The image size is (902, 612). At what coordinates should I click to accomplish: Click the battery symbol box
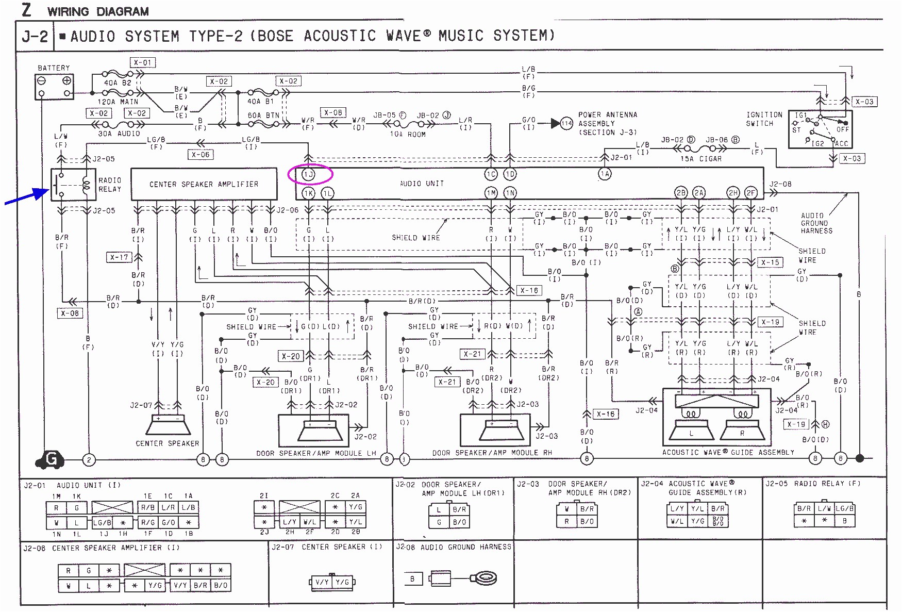tap(54, 87)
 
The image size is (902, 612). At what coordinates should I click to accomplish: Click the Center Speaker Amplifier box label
tap(204, 184)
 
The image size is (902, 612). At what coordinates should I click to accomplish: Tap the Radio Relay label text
tap(110, 185)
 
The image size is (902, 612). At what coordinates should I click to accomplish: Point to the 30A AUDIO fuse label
tap(119, 134)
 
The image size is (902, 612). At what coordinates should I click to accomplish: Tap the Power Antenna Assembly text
tap(607, 124)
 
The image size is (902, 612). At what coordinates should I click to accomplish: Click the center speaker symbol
tap(168, 425)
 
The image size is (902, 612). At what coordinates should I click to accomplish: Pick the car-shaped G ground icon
tap(50, 459)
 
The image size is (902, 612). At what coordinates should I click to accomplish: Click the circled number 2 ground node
tap(89, 459)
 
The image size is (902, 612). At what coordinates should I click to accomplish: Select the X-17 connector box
tap(119, 257)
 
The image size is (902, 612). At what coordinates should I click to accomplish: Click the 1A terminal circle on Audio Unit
tap(605, 174)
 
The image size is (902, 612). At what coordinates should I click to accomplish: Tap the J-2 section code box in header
tap(35, 37)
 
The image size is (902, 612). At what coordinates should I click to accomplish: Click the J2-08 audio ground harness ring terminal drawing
tap(485, 578)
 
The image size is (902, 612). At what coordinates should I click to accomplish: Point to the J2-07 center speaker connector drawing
tap(332, 582)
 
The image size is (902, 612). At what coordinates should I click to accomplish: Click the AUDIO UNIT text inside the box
tap(422, 184)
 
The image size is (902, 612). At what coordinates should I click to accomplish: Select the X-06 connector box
tap(201, 154)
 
